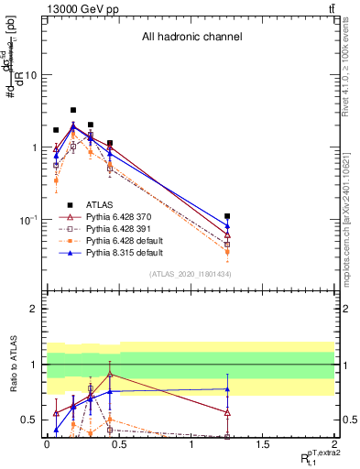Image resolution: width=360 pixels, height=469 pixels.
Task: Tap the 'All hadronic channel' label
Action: coord(191,38)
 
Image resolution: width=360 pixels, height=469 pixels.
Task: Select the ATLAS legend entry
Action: coord(101,204)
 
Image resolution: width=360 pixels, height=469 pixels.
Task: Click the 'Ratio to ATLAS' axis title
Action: coord(12,365)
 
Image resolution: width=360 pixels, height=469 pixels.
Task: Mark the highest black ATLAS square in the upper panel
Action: coord(73,110)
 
